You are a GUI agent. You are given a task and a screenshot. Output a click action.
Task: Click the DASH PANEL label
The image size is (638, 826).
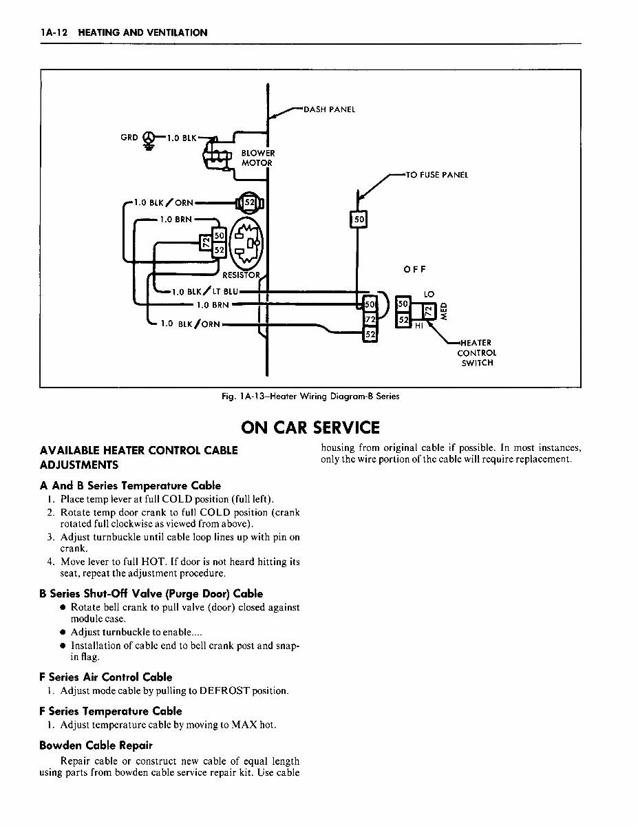click(x=329, y=109)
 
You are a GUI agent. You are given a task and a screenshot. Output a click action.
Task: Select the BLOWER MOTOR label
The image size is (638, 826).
click(x=257, y=158)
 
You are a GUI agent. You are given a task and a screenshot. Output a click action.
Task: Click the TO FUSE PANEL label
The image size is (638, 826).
click(x=437, y=175)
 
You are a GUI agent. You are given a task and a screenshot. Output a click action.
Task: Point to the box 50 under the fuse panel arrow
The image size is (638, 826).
click(x=359, y=219)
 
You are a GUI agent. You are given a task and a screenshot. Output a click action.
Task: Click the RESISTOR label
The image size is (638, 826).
click(x=242, y=275)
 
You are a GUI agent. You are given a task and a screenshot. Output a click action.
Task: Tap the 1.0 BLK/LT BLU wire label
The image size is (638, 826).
click(x=205, y=292)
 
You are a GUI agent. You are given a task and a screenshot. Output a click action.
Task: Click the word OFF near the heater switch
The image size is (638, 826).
click(x=414, y=270)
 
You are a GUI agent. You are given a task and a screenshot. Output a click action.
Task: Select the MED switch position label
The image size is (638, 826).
click(x=443, y=311)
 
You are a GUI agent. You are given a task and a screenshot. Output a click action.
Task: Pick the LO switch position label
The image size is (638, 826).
click(x=429, y=294)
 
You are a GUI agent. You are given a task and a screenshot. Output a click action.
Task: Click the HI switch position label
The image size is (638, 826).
click(x=418, y=326)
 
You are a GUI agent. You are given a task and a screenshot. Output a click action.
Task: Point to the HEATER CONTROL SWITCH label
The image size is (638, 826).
click(x=476, y=352)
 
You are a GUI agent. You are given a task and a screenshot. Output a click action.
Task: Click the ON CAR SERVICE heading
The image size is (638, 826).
click(x=310, y=427)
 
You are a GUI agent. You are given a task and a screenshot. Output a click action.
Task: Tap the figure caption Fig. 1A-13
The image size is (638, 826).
click(x=310, y=396)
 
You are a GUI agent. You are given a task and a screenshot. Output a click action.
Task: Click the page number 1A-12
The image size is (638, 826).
click(x=54, y=32)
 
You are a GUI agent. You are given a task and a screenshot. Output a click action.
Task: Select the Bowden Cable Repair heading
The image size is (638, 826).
click(x=96, y=745)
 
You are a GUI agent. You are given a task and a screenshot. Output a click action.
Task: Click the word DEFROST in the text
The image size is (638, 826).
click(x=224, y=690)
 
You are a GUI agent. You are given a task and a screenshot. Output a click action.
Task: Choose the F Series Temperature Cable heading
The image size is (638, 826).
click(x=111, y=711)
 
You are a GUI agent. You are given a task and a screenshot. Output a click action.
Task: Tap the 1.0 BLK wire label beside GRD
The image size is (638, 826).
click(x=182, y=138)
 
